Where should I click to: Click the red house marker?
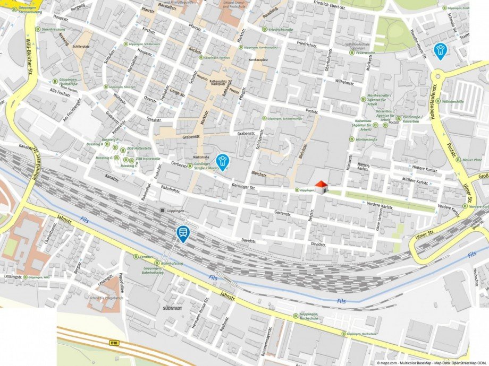click(321, 187)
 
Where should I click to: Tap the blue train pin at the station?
click(183, 233)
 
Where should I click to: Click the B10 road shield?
click(114, 343)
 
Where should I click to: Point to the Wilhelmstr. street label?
click(344, 82)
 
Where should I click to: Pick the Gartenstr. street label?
click(284, 213)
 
